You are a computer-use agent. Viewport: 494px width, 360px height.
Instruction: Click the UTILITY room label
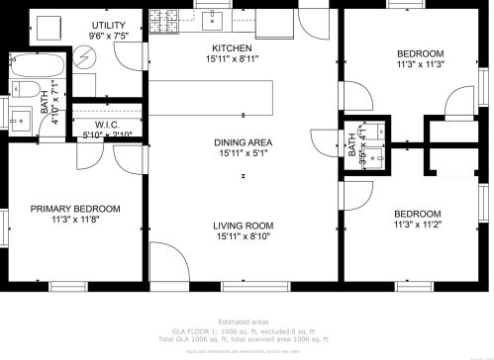(x=108, y=25)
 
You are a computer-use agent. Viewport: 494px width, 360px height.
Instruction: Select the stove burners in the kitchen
(x=164, y=18)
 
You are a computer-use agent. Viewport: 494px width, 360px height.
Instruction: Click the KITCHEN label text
(x=232, y=47)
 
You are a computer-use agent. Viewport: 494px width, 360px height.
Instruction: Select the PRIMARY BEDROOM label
(x=75, y=209)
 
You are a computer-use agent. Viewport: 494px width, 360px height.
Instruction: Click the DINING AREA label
(x=244, y=142)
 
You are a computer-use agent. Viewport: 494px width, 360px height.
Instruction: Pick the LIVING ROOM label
(x=244, y=225)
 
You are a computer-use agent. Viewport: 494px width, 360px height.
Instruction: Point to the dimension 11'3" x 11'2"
(x=417, y=225)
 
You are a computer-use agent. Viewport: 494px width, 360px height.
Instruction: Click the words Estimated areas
(x=244, y=322)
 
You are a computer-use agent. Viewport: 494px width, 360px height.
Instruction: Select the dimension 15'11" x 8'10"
(x=244, y=237)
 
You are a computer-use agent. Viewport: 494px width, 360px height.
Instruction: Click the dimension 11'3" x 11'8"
(x=75, y=221)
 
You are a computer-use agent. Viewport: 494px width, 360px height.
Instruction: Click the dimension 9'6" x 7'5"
(x=108, y=37)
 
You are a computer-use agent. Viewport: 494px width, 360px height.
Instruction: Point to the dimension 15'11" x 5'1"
(x=244, y=154)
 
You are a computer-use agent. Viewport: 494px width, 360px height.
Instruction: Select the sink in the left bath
(x=27, y=118)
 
